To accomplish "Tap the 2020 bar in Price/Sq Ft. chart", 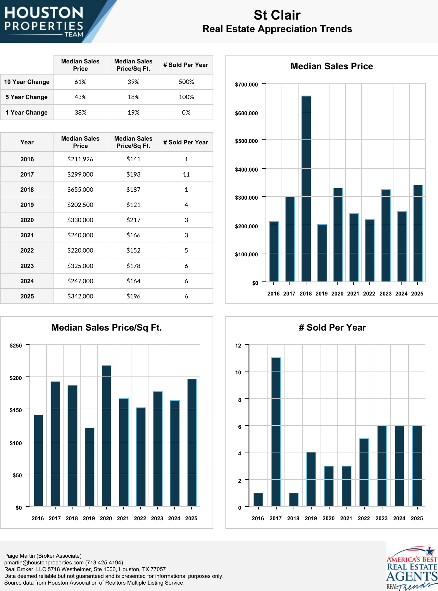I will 106,436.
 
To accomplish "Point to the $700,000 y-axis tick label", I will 246,85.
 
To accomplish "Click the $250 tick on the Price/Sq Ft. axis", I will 16,346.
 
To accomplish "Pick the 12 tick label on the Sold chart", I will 238,346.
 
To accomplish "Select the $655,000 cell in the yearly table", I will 80,190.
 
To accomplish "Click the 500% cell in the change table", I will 186,82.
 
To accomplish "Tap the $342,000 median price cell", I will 80,296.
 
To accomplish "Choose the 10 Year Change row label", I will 27,82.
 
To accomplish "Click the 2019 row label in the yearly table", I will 27,205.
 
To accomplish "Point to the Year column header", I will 27,142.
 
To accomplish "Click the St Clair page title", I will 277,15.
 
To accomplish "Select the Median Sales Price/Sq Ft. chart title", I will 106,328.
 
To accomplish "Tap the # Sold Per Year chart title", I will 332,328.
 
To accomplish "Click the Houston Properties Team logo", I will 44,21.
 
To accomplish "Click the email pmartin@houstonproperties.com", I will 44,563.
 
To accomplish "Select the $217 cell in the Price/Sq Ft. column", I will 133,220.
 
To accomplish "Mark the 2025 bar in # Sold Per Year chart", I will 417,466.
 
